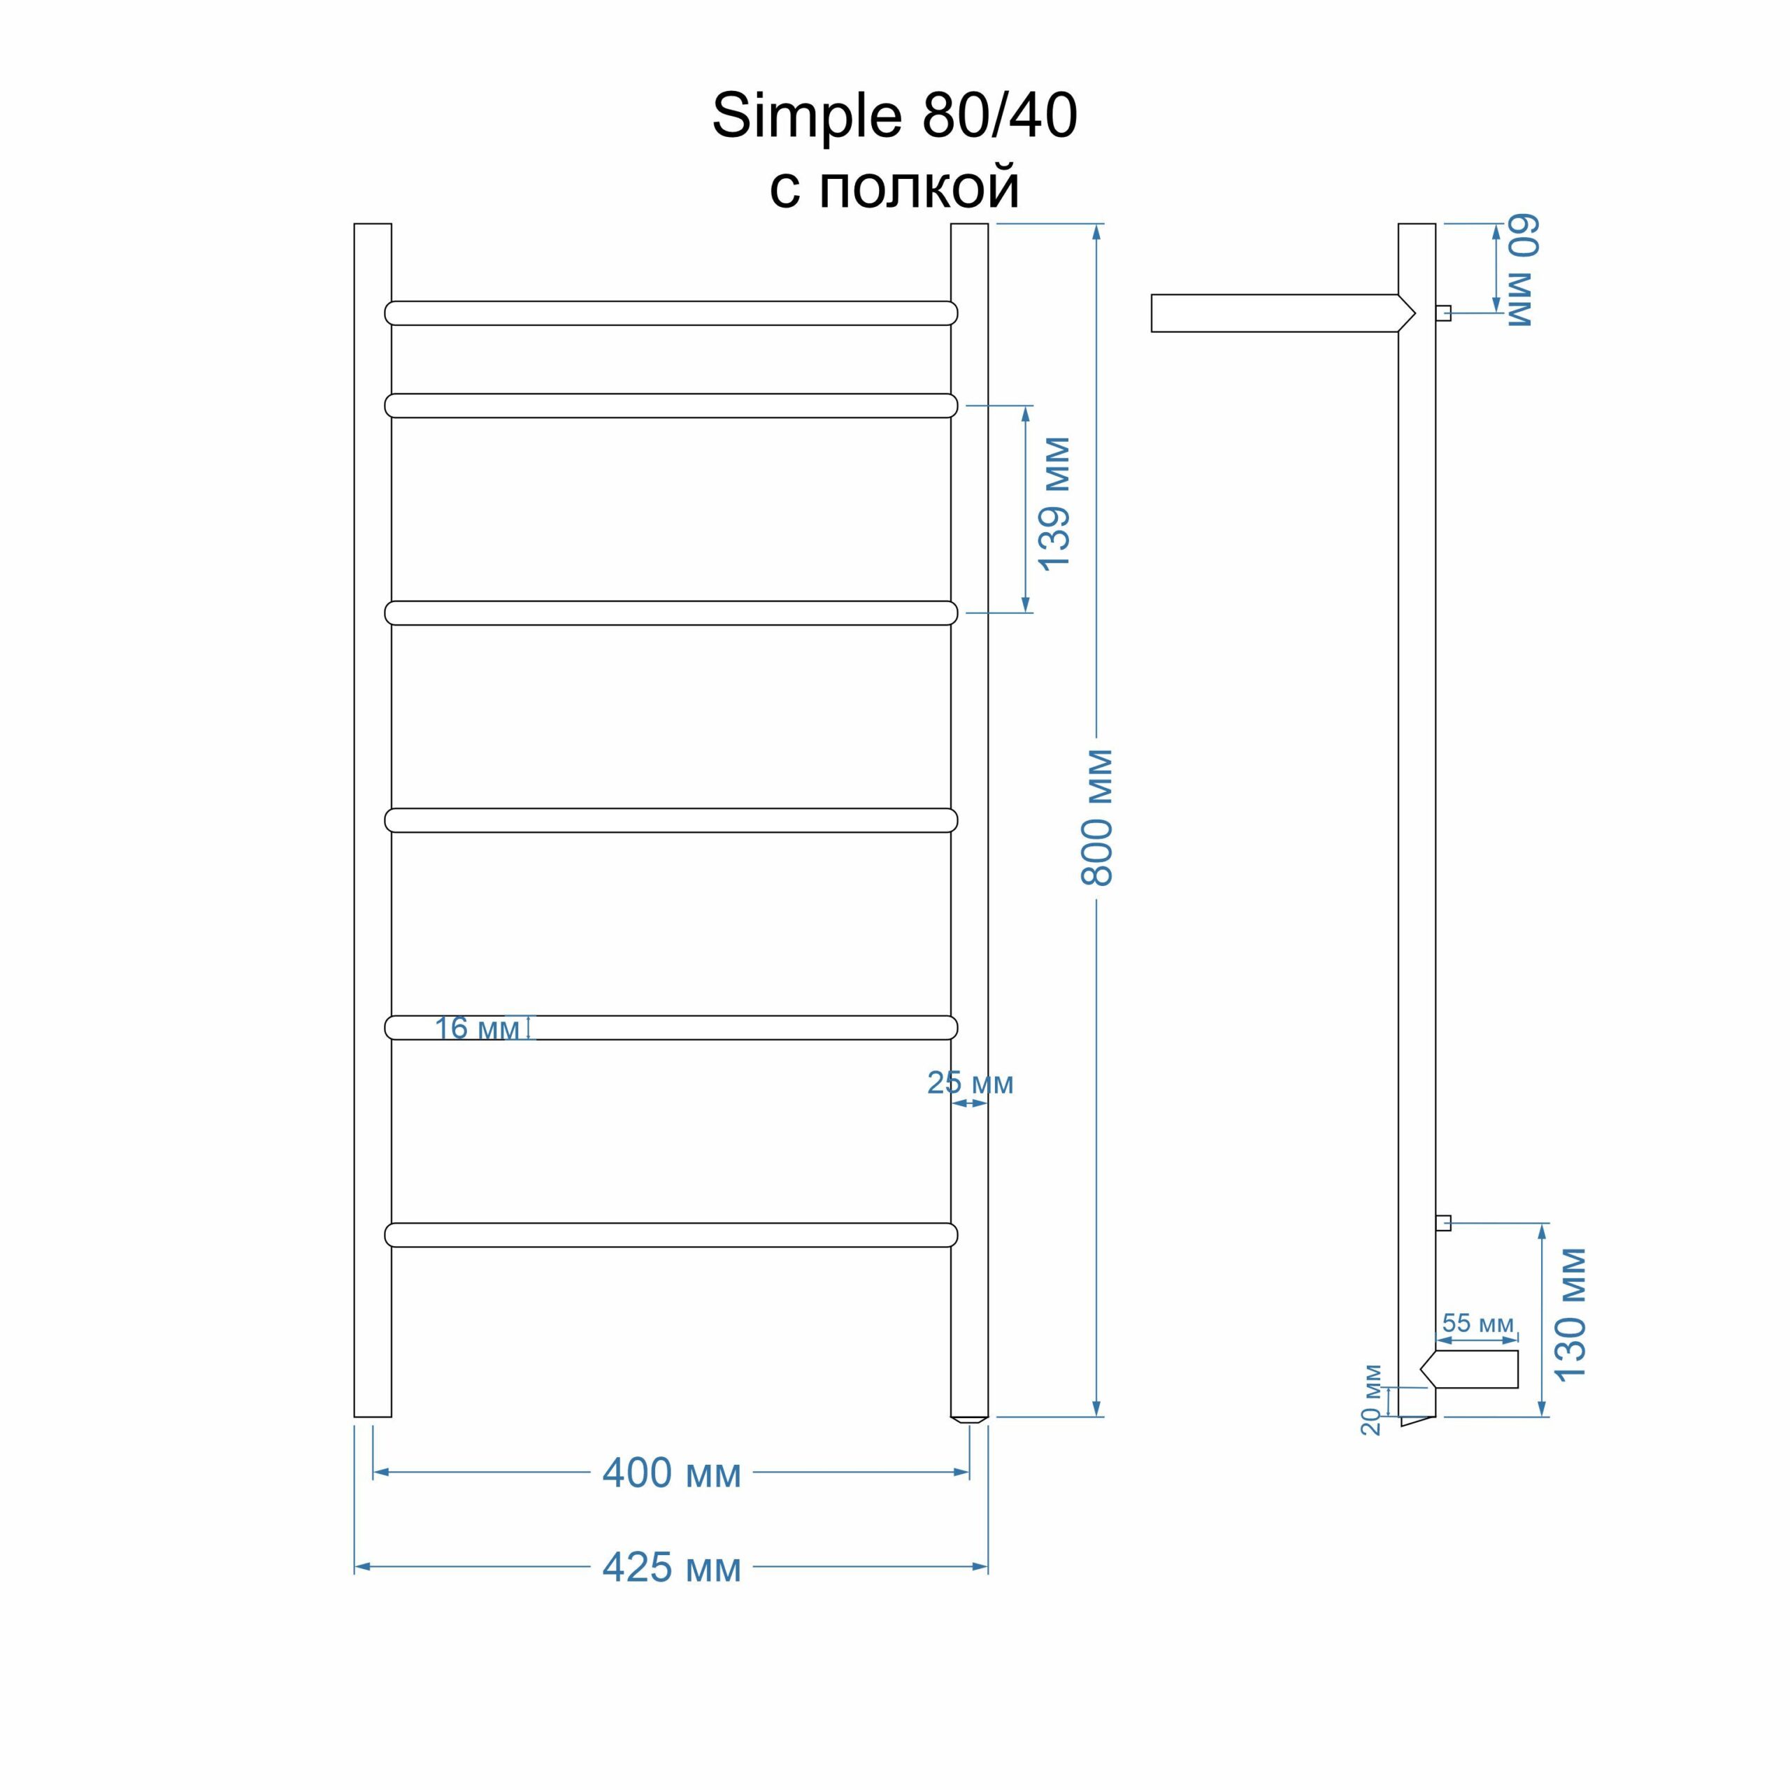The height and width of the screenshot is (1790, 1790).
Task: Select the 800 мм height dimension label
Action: coord(1097,818)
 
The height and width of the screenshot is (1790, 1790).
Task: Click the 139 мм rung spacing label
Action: coord(1054,504)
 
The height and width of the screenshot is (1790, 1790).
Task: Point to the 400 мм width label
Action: coord(672,1473)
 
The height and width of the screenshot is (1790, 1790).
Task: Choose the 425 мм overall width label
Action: coord(672,1567)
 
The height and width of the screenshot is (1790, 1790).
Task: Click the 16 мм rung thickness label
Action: coord(477,1029)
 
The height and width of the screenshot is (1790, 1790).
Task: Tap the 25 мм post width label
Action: coord(970,1082)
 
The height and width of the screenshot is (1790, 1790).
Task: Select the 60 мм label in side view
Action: coord(1521,271)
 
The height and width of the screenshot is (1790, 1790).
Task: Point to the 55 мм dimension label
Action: coord(1477,1323)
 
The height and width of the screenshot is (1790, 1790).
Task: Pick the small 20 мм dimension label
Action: coord(1371,1400)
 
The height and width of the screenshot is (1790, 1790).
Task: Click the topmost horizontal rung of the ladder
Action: coord(671,313)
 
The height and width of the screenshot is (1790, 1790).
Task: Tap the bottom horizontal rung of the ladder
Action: coord(671,1235)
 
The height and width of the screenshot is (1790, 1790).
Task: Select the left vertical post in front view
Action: coord(373,820)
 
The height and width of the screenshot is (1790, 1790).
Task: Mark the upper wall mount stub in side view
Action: coord(1443,313)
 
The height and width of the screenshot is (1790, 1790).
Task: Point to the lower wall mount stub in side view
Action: coord(1443,1223)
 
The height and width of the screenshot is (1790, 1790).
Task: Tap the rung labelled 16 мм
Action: coord(671,1027)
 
